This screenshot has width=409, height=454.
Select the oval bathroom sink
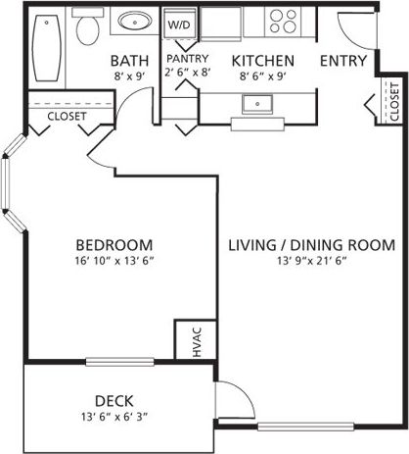[133, 21]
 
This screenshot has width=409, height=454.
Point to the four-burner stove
[284, 21]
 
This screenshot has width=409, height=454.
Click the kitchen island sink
[261, 103]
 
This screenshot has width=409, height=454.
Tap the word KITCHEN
[262, 61]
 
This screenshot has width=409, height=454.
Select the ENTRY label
[342, 61]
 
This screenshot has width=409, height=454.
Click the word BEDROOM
[114, 244]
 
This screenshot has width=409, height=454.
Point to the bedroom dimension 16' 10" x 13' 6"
[114, 262]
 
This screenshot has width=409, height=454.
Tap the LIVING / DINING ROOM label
[311, 244]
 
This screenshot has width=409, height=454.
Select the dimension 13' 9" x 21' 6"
[311, 262]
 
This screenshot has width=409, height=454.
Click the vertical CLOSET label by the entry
[393, 101]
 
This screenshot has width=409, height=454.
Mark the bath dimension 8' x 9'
[129, 76]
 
